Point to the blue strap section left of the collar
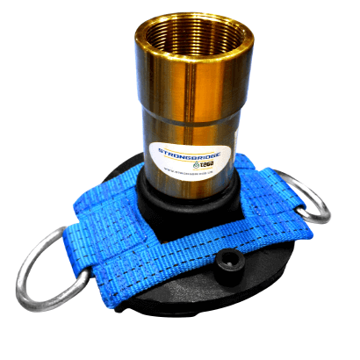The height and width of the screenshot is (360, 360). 123,220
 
